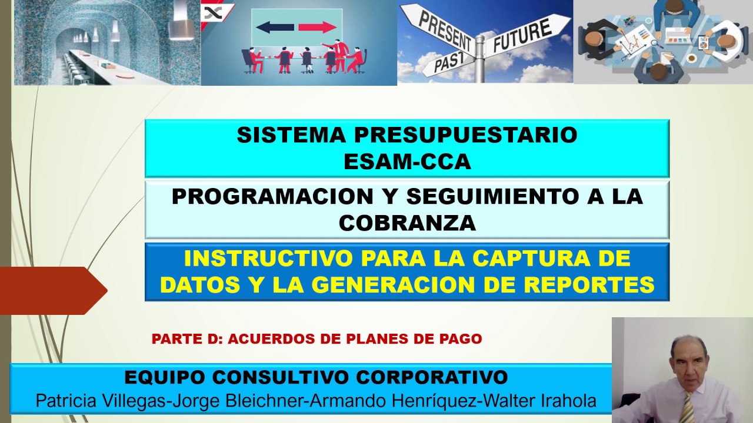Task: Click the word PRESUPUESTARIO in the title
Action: (x=465, y=135)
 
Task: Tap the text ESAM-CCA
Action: (x=407, y=162)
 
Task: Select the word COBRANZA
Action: (x=407, y=223)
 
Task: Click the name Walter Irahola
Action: (x=537, y=401)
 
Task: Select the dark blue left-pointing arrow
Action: (x=275, y=27)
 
